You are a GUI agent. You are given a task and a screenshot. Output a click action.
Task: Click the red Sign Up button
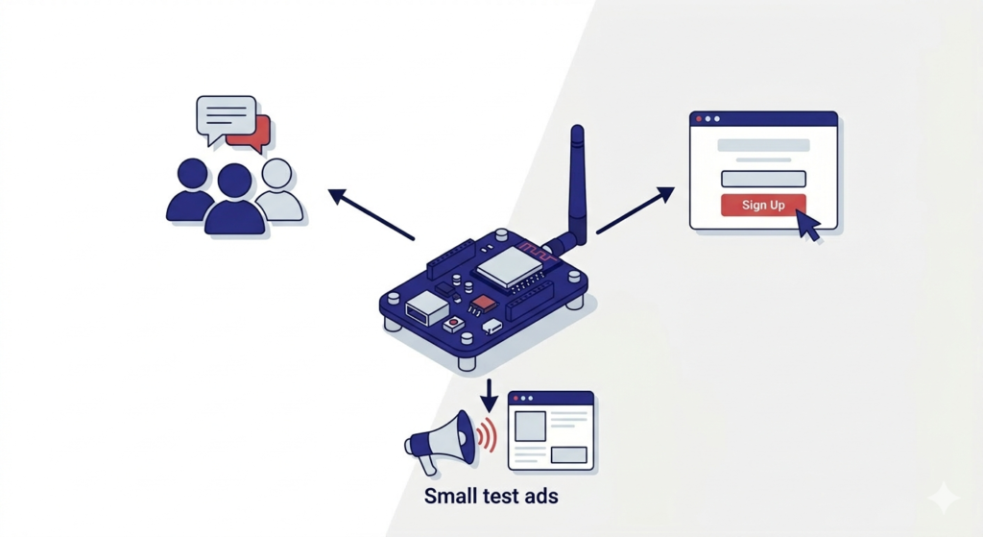763,205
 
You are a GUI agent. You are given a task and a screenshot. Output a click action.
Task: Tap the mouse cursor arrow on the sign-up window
809,228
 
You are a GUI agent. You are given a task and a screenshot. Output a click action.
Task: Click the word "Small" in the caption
452,498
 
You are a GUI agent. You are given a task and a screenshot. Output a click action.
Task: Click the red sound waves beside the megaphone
488,435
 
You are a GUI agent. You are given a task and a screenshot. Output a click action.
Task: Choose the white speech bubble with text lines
225,116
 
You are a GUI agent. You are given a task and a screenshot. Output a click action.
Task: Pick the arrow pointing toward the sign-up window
635,210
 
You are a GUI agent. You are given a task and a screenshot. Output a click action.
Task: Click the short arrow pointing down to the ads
490,393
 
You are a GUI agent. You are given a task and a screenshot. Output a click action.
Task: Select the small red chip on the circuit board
486,303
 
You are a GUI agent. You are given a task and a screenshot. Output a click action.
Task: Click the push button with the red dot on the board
454,325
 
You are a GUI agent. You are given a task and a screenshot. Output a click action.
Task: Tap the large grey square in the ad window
530,426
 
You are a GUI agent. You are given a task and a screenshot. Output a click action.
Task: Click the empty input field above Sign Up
763,178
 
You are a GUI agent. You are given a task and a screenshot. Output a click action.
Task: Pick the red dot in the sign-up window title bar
699,119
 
